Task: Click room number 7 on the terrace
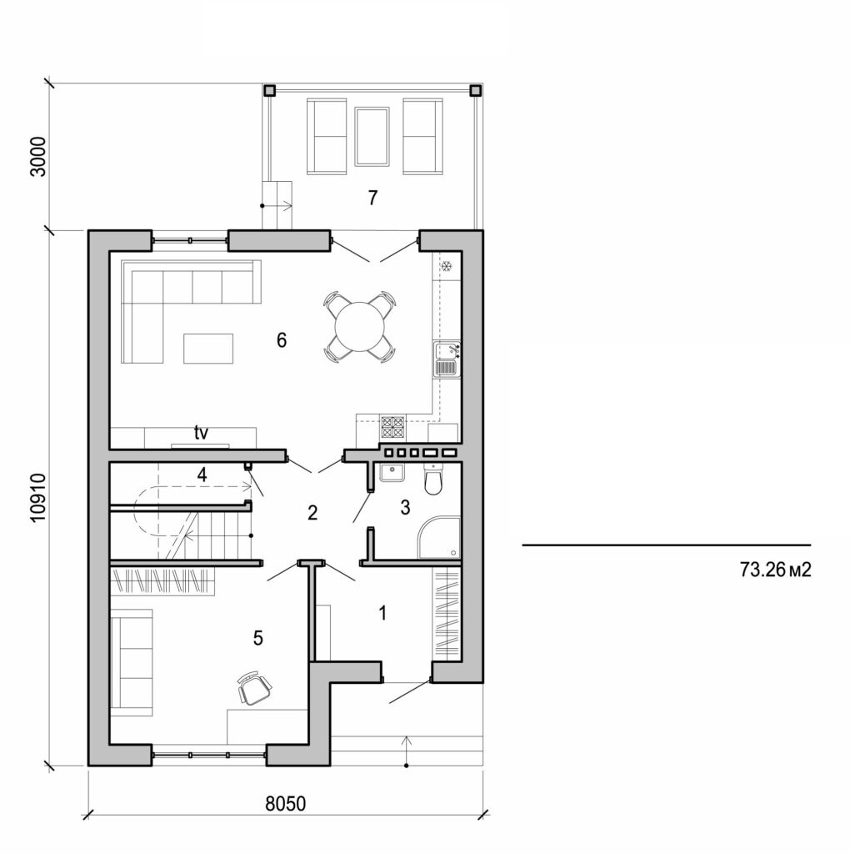(372, 198)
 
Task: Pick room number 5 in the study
(258, 638)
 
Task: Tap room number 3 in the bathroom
(406, 507)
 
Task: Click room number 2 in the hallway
(312, 513)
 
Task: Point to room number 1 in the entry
(382, 614)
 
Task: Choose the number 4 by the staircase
(201, 474)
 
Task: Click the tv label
(201, 433)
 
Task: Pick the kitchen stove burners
(393, 427)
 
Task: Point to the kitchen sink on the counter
(447, 359)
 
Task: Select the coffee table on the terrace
(372, 137)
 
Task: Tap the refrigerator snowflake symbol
(447, 267)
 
